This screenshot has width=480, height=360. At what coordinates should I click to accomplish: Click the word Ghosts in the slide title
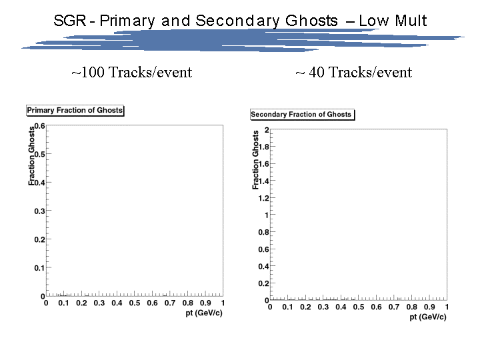311,21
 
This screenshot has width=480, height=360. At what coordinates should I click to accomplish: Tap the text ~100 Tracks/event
131,73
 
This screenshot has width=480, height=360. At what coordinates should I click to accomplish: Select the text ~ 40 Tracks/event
353,73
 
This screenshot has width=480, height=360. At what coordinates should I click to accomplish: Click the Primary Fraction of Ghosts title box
75,110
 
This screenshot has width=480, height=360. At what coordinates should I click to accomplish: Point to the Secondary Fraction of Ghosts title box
302,115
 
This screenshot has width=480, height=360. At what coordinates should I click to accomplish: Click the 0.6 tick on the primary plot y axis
39,126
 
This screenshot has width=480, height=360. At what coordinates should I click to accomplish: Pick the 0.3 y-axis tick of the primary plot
39,211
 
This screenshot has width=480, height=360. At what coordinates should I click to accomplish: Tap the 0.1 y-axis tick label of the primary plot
39,268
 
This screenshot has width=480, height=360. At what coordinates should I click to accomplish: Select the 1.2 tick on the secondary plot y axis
263,198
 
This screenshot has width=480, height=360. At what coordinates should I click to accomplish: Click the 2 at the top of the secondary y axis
267,130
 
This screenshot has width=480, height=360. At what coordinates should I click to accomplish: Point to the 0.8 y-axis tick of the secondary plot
263,232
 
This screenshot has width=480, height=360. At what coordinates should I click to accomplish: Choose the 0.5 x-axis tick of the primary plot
135,303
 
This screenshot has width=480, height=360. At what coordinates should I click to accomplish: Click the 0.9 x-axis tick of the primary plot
205,303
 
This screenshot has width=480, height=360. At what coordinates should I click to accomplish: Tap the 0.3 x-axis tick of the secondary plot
323,307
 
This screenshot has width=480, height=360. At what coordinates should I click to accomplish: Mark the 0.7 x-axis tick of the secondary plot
394,307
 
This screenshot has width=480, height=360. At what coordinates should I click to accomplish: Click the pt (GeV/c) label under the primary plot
204,313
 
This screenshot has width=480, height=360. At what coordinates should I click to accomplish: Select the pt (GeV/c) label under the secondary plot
428,317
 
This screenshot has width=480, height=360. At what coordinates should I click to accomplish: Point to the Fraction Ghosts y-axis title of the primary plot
31,156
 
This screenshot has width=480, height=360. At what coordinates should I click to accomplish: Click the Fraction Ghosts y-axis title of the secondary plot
255,160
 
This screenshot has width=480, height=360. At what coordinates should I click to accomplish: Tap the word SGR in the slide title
70,21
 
